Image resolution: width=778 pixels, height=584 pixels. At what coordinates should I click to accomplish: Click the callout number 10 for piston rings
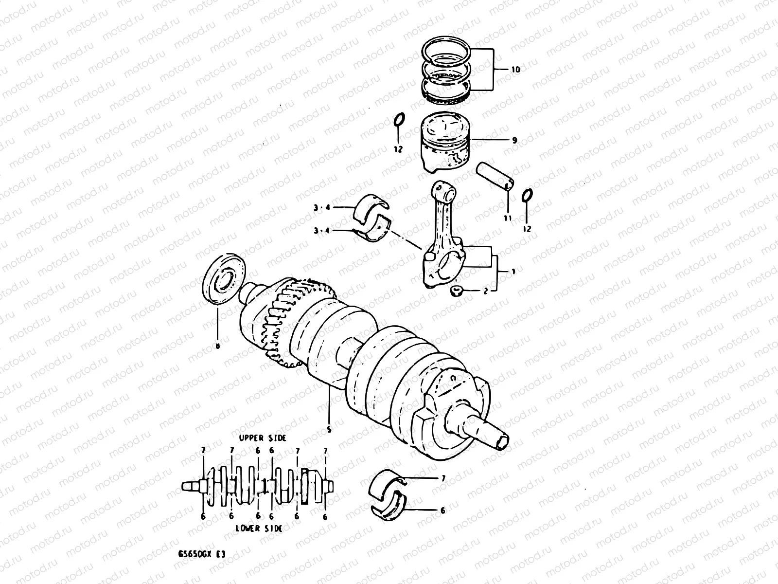tap(515, 70)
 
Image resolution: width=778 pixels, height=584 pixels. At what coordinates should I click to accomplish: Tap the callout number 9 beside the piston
tap(514, 140)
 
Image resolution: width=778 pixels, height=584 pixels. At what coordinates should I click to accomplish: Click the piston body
tap(444, 146)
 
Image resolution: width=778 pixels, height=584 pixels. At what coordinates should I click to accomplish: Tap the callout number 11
tap(507, 219)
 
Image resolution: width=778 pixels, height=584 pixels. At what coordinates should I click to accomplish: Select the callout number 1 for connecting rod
tap(513, 271)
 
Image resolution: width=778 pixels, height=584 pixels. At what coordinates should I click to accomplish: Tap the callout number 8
tap(217, 346)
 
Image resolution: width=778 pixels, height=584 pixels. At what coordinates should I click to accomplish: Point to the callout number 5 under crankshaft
tap(329, 430)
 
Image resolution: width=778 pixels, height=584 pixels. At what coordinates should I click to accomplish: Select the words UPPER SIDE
tap(263, 438)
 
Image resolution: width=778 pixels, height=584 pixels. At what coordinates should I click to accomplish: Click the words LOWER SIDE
tap(259, 529)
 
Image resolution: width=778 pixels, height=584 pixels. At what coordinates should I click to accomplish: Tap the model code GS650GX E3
tap(201, 554)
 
